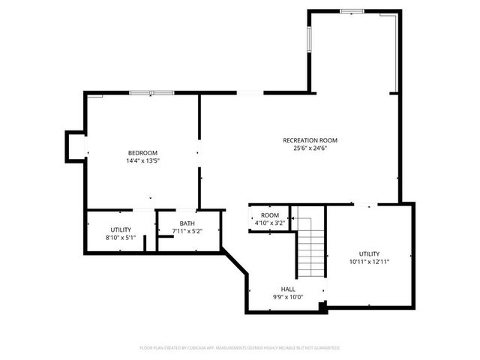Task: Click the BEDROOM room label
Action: click(142, 153)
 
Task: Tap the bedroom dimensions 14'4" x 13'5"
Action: click(142, 160)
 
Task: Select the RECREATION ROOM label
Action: click(310, 140)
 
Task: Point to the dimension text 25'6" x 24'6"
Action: click(310, 148)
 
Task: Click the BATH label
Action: click(187, 223)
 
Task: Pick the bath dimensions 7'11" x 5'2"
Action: click(187, 231)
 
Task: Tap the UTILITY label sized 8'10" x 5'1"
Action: click(121, 229)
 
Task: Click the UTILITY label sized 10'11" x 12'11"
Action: click(369, 253)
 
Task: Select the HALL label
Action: click(288, 289)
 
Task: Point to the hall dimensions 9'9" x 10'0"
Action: click(288, 297)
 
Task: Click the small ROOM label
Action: click(269, 215)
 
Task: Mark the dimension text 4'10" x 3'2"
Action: click(269, 223)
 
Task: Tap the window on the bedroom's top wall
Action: click(151, 93)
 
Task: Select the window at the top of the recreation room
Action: click(352, 11)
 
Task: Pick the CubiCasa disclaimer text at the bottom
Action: click(240, 348)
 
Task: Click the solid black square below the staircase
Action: click(322, 307)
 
